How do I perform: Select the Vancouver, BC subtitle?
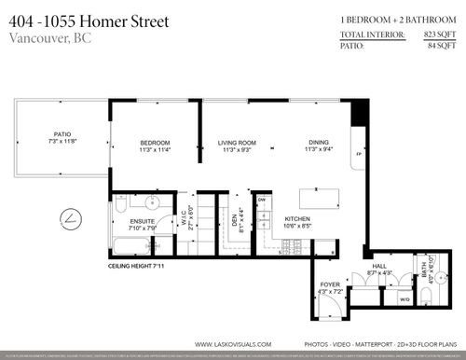[x=48, y=37]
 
